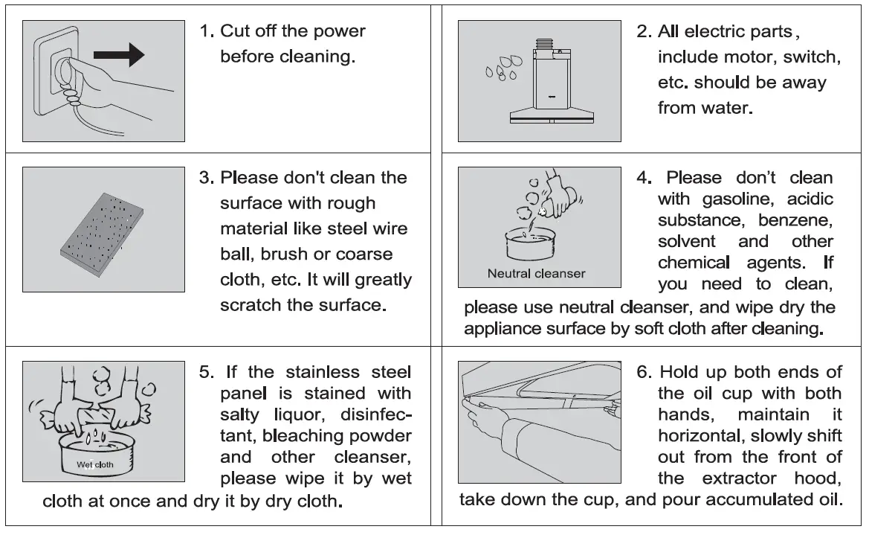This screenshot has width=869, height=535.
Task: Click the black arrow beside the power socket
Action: (119, 54)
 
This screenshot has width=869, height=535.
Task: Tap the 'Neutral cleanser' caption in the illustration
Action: (536, 273)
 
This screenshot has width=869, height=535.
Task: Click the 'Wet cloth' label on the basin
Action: (94, 464)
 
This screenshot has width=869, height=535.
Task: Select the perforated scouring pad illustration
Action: (102, 234)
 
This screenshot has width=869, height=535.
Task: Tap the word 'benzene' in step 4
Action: (795, 220)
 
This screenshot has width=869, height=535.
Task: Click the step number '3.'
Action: (207, 178)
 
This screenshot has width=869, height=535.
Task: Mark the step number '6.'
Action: (645, 372)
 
